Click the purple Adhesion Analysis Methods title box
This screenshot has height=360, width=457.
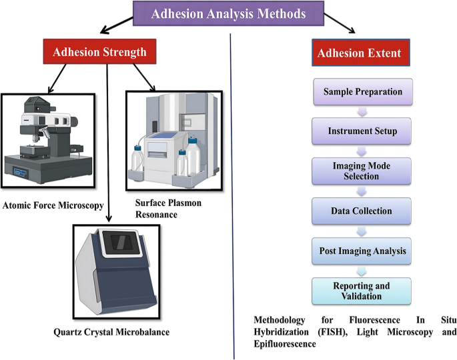coord(230,13)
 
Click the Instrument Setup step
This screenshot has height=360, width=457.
coord(362,131)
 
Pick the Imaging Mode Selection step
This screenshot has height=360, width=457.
coord(362,171)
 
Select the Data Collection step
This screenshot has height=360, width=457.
coord(362,211)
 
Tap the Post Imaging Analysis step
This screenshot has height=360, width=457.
coord(362,251)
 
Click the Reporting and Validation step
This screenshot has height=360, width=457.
coord(362,291)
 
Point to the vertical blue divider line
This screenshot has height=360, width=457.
coord(234,200)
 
